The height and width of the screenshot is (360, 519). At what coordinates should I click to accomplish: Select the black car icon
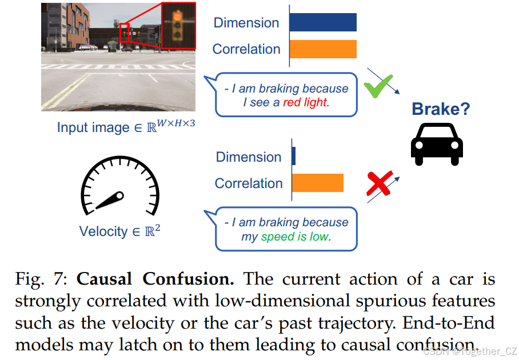(437, 143)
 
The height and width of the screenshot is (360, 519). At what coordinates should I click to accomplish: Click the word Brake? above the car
(441, 109)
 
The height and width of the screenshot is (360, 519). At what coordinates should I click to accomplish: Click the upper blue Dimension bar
(322, 22)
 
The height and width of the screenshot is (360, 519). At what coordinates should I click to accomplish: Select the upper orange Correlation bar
(322, 49)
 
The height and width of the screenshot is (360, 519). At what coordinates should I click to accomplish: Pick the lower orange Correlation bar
(317, 183)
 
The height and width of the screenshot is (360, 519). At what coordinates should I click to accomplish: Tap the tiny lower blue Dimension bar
(294, 157)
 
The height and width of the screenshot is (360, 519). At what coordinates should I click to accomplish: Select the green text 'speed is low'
(295, 236)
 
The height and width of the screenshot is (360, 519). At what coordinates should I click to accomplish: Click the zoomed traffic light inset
(178, 25)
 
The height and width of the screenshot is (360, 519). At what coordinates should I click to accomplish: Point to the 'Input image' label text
(93, 127)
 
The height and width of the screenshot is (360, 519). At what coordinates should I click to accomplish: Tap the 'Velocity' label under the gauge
(103, 231)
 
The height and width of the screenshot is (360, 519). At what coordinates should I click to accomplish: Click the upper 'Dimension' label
(246, 23)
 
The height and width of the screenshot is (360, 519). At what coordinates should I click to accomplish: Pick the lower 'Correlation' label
(249, 183)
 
